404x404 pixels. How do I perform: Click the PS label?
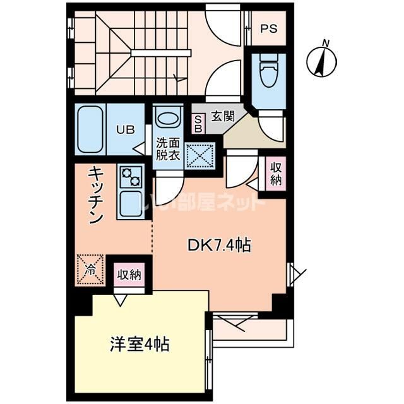click(269, 28)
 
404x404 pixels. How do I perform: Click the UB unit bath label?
click(124, 130)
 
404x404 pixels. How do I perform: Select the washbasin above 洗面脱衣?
click(167, 118)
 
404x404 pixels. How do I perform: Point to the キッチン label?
click(95, 196)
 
